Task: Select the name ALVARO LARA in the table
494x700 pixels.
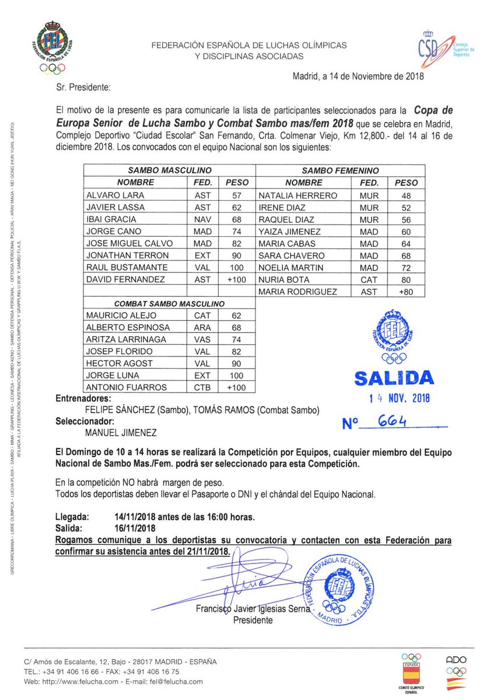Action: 115,195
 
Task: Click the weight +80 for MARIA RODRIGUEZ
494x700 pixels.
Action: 407,292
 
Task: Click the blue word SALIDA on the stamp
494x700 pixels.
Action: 394,379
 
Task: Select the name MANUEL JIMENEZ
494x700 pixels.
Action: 121,433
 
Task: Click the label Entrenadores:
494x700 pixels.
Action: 83,398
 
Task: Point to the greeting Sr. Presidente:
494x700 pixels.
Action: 83,87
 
